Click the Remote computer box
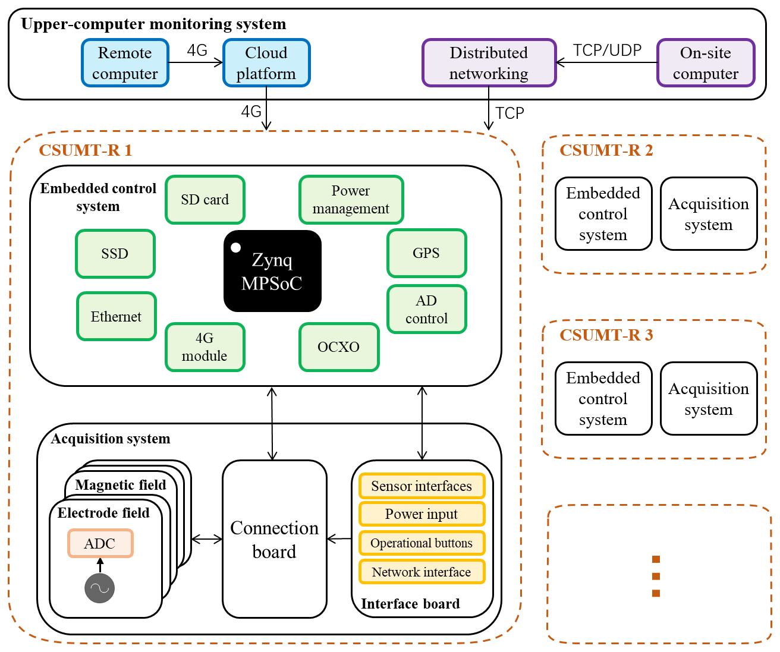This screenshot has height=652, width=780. pyautogui.click(x=125, y=63)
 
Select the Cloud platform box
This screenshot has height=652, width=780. pyautogui.click(x=266, y=63)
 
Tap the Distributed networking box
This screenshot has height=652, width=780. pyautogui.click(x=489, y=63)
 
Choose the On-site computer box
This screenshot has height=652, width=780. pyautogui.click(x=706, y=63)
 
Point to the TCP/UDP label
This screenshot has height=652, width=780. pyautogui.click(x=607, y=51)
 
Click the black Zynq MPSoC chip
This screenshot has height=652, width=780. pyautogui.click(x=272, y=272)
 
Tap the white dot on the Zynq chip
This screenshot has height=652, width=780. pyautogui.click(x=236, y=247)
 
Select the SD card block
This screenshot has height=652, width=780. pyautogui.click(x=205, y=200)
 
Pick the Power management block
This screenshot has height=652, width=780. pyautogui.click(x=351, y=200)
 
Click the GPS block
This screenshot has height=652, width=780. pyautogui.click(x=426, y=253)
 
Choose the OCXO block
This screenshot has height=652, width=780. pyautogui.click(x=339, y=347)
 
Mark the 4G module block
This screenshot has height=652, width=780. pyautogui.click(x=205, y=347)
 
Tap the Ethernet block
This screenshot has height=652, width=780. pyautogui.click(x=117, y=316)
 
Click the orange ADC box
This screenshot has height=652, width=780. pyautogui.click(x=100, y=543)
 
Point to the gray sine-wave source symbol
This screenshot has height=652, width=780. pyautogui.click(x=99, y=588)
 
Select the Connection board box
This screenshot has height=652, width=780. pyautogui.click(x=274, y=539)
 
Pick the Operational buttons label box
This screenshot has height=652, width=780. pyautogui.click(x=422, y=543)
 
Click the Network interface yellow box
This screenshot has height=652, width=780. pyautogui.click(x=422, y=572)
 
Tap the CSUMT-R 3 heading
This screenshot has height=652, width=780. pyautogui.click(x=606, y=335)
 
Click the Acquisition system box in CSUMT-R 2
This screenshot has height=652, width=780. pyautogui.click(x=709, y=214)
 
